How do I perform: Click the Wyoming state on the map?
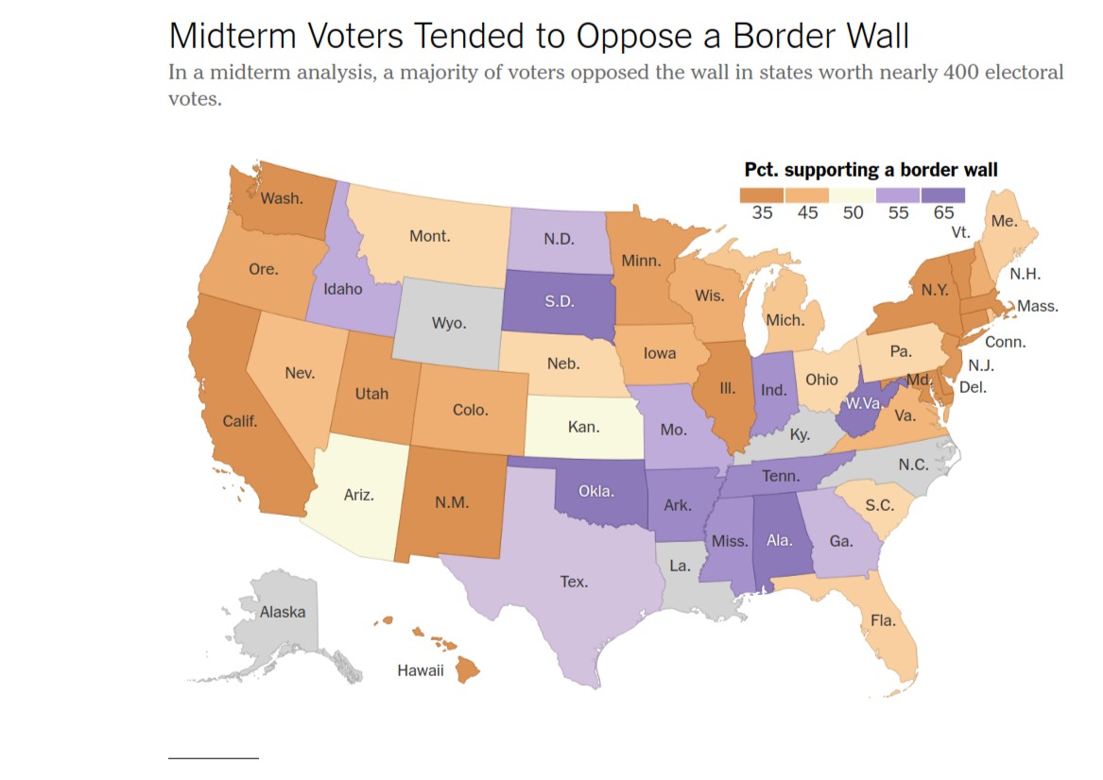coord(448,323)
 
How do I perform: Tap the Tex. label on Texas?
coord(574,582)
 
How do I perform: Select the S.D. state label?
coord(560,302)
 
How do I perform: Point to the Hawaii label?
coord(420,670)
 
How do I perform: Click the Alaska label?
coord(283,612)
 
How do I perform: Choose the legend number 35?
coord(762,213)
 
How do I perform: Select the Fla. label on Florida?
coord(883,620)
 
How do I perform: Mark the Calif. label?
coord(240,421)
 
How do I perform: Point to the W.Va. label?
coord(864,403)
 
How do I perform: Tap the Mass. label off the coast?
coord(1038,306)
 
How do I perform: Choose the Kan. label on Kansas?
coord(583,427)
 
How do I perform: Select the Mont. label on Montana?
coord(429,236)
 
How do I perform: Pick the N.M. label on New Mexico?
coord(452,502)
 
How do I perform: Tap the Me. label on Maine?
coord(1004,221)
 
